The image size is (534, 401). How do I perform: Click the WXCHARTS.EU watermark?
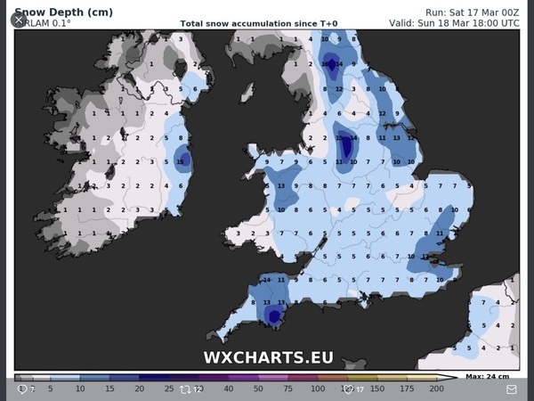point(268,357)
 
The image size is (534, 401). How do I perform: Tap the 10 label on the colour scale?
point(80,389)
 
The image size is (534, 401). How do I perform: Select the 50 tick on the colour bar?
point(258,389)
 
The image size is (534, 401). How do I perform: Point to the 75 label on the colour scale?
point(287,389)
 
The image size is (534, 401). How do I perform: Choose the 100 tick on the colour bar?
point(318,389)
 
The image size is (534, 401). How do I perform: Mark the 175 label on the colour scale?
point(407,389)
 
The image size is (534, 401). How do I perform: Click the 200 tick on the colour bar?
point(436,389)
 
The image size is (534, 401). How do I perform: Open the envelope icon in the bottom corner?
point(512,389)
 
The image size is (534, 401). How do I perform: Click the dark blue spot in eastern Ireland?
point(183,160)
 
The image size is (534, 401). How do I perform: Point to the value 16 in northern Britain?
point(331,63)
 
